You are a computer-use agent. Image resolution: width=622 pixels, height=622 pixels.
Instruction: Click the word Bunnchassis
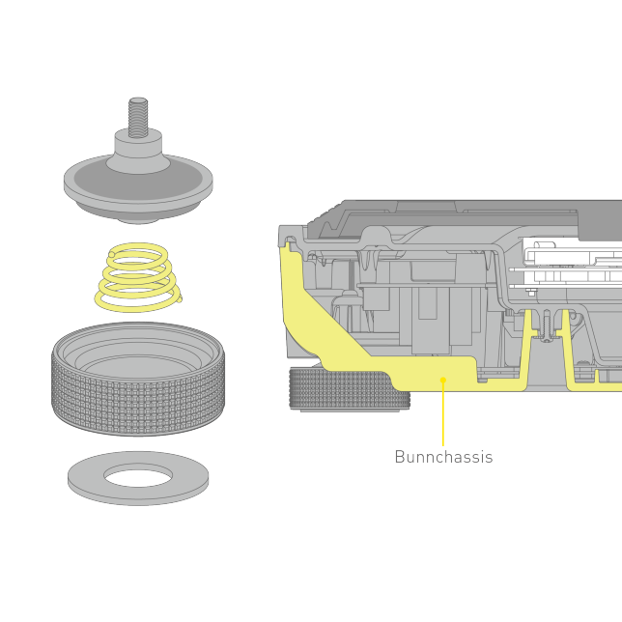(443, 457)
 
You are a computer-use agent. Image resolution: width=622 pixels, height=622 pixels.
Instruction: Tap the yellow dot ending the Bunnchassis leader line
(443, 380)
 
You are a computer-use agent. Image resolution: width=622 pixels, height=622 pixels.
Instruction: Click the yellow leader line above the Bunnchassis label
(443, 413)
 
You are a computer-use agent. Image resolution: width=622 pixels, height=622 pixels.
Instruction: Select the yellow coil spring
(138, 277)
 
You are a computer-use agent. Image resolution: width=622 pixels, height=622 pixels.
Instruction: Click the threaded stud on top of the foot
(138, 118)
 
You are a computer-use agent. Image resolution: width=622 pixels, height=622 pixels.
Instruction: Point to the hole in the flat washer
(138, 474)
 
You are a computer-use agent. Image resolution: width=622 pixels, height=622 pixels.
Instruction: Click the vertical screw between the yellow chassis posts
(547, 325)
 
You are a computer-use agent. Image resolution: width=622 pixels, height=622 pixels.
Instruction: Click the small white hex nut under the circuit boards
(531, 293)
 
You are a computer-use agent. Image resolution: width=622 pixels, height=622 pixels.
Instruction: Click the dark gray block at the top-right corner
(600, 220)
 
